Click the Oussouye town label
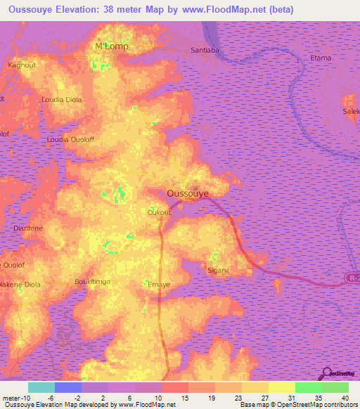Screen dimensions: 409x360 point(188,192)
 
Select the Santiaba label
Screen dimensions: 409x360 point(207,51)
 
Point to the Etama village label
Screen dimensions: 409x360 point(320,58)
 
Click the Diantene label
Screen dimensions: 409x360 point(29,228)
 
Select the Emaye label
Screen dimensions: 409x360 point(159,285)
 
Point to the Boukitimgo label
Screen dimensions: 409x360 point(94,282)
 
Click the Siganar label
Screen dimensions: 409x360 point(219,270)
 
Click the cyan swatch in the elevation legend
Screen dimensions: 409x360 point(41,387)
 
